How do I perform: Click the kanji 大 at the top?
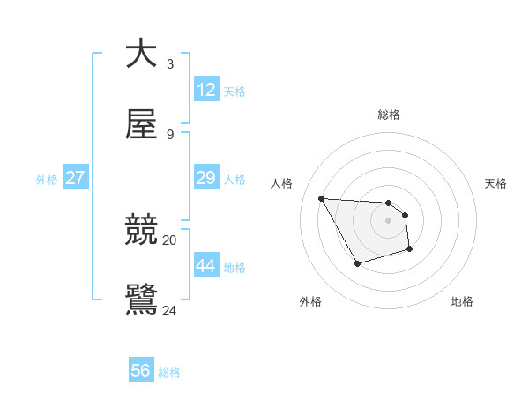coord(141,54)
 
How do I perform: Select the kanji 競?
coord(141,230)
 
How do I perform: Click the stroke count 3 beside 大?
coord(170,64)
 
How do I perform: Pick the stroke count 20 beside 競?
coord(170,240)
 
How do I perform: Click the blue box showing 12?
coord(206,90)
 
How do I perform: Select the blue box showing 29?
coord(206,178)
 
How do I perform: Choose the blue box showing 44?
coord(206,266)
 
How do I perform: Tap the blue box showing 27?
coord(76,178)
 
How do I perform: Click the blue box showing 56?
coord(141,371)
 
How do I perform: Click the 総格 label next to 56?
coord(169,373)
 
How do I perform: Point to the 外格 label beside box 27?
coord(47,180)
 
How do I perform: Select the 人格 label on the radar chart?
coord(282,183)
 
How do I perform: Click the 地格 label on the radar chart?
coord(462,301)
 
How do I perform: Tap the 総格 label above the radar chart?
coord(389,115)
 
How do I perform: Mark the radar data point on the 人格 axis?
coord(322,198)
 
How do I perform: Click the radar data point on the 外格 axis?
coord(357,263)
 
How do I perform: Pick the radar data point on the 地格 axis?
coord(410,250)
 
